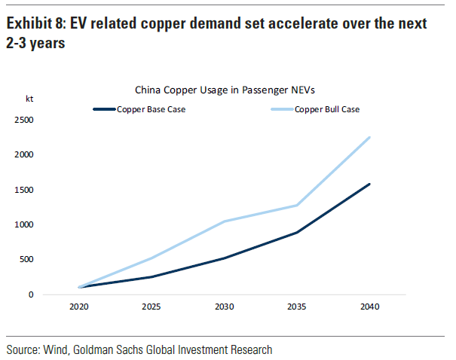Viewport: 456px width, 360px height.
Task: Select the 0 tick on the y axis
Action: pos(31,294)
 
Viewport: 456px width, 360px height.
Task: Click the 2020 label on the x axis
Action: pos(81,307)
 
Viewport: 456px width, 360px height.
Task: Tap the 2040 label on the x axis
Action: pos(369,307)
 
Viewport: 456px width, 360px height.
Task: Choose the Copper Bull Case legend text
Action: pos(326,109)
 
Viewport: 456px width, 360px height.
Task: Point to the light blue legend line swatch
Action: pos(281,109)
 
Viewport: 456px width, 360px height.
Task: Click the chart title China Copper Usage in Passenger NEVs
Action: pos(224,90)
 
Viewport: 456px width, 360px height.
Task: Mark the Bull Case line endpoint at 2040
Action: pos(369,137)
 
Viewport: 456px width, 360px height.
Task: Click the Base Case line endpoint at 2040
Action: pos(369,184)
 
